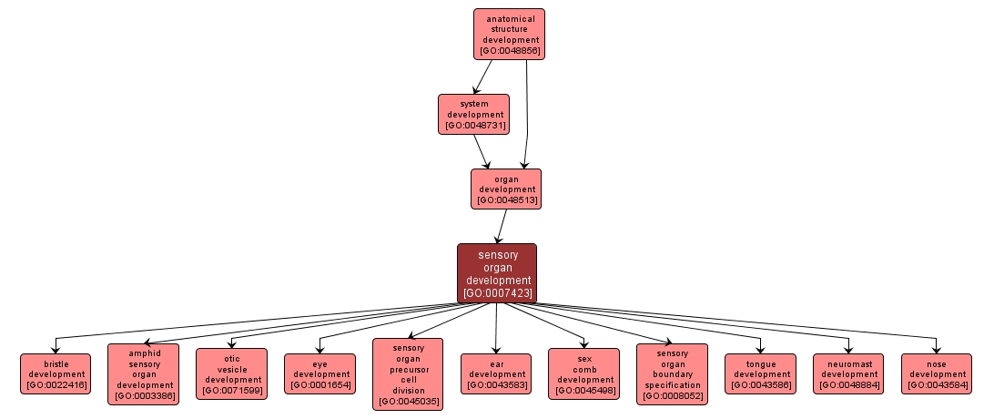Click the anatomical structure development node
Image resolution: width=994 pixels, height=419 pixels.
click(509, 34)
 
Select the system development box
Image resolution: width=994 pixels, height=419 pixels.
click(473, 114)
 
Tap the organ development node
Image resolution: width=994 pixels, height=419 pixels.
click(506, 189)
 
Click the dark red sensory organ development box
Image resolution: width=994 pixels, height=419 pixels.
click(496, 272)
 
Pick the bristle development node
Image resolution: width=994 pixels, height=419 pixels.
click(56, 373)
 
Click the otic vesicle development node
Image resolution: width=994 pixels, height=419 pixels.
click(232, 373)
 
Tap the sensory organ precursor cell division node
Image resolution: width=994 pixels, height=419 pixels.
click(408, 373)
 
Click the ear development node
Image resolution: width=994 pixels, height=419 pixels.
click(496, 373)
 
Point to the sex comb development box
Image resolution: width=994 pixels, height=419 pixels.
click(583, 373)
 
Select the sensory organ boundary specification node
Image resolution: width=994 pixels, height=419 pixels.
click(672, 373)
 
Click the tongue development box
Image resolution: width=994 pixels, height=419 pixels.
click(761, 373)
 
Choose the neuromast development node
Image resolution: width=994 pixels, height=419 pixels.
click(849, 373)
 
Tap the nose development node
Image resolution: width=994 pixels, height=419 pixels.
click(937, 373)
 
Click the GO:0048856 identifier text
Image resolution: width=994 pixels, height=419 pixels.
click(509, 51)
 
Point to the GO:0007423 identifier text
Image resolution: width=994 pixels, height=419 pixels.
click(496, 293)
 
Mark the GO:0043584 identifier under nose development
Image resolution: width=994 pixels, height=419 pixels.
click(937, 385)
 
